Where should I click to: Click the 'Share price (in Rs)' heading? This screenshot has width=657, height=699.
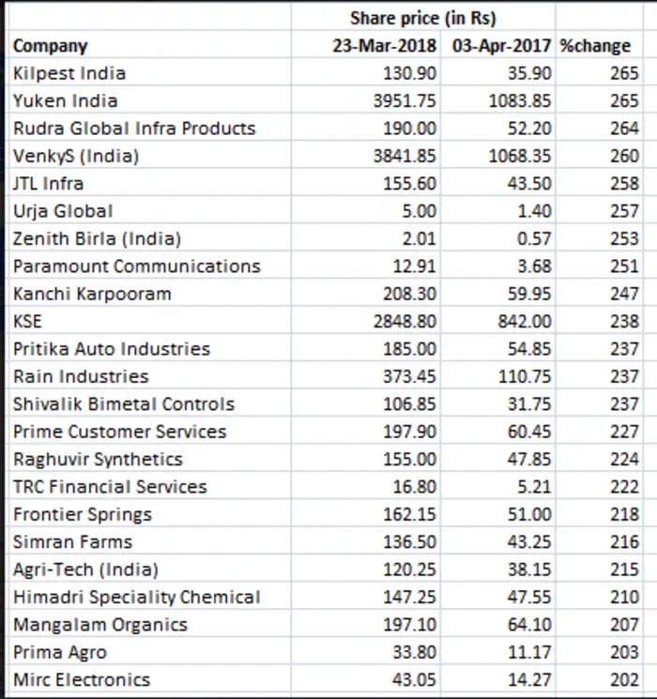(422, 18)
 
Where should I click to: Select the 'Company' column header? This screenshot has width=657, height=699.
(50, 46)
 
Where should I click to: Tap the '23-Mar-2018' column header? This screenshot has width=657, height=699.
(385, 46)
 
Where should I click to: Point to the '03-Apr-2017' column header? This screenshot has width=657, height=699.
(503, 46)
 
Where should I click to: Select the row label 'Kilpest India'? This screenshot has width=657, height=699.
(69, 73)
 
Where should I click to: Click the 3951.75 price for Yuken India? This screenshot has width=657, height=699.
(405, 100)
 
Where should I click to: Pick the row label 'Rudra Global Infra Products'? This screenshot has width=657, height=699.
(134, 129)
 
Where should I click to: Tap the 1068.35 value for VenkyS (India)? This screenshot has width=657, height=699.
(520, 156)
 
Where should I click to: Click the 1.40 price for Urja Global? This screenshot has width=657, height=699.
(533, 211)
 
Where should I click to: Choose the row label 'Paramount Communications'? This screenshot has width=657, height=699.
(137, 266)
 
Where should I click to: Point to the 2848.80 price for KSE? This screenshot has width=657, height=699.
(405, 322)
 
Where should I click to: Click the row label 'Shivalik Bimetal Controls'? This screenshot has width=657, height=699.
(124, 404)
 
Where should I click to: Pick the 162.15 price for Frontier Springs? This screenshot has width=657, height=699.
(409, 514)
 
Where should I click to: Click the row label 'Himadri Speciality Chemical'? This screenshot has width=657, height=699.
(137, 598)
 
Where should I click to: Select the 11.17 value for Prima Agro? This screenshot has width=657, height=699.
(529, 653)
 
